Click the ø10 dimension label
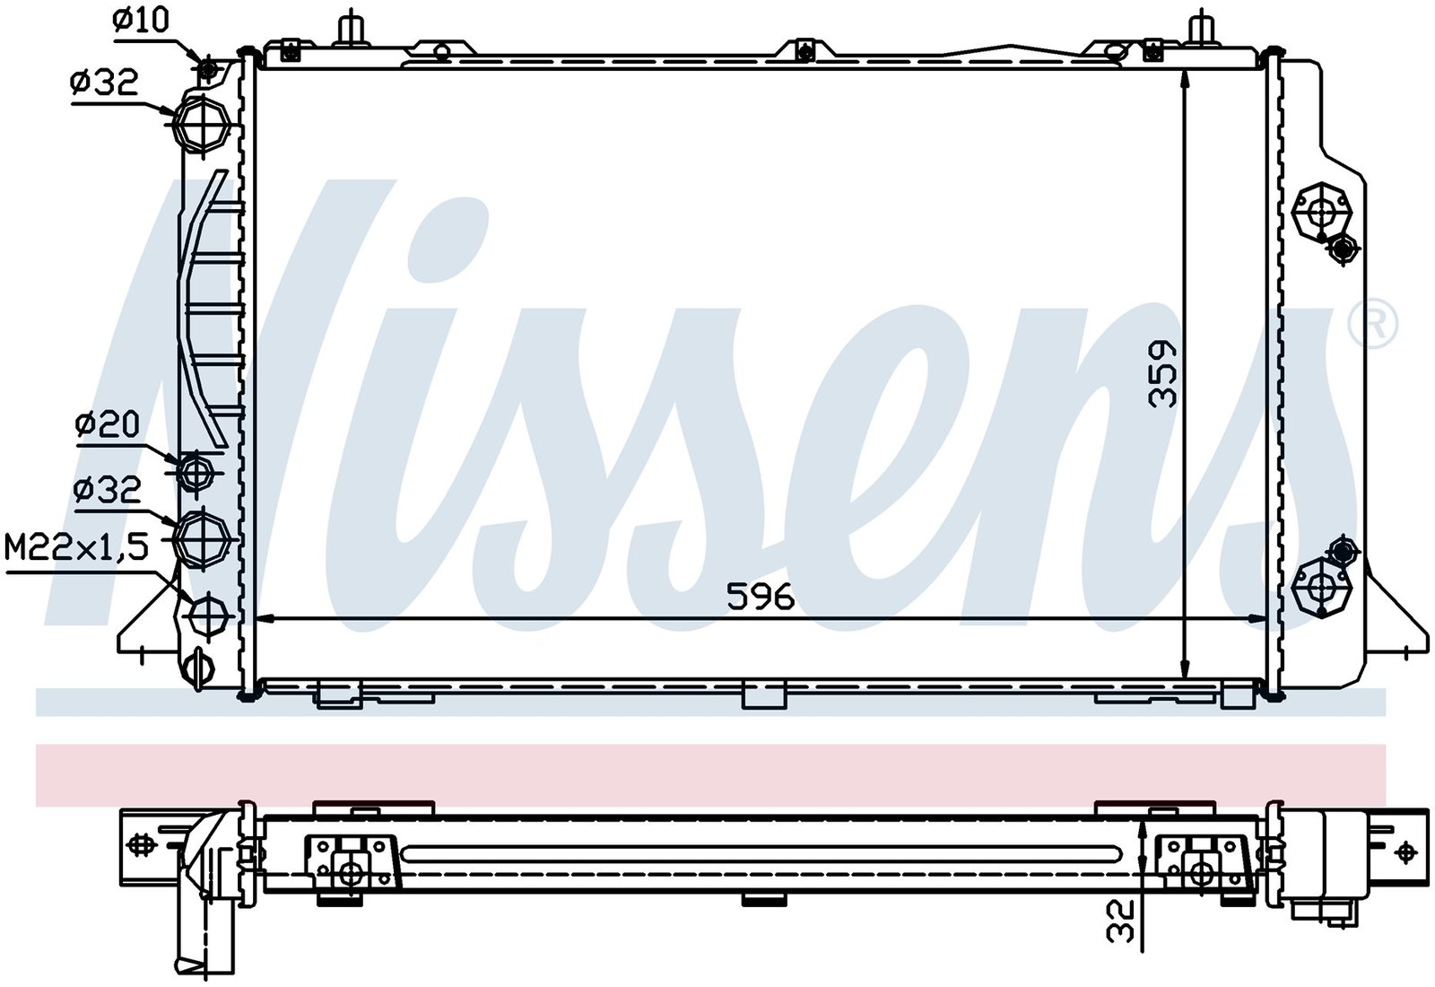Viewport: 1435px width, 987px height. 140,22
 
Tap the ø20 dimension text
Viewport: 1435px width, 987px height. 107,425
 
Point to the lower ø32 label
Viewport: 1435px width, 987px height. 107,491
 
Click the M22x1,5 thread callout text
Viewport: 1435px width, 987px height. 77,548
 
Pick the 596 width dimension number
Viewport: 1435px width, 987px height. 761,597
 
